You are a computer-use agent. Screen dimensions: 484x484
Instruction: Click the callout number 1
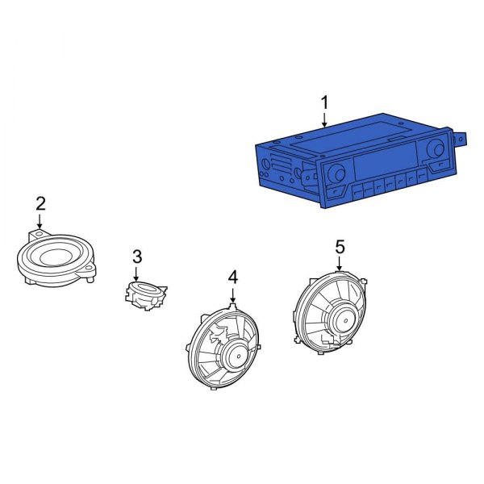coord(324,102)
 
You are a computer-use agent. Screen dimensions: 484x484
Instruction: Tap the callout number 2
coord(40,203)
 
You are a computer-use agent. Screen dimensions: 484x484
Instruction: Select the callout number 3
coord(136,257)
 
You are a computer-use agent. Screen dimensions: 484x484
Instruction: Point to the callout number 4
coord(232,277)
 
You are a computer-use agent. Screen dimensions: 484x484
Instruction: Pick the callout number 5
coord(340,246)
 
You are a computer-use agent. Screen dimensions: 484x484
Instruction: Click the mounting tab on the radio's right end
coord(462,137)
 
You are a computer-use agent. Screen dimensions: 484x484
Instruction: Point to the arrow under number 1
coord(324,121)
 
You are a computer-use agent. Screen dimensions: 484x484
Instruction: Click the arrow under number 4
coord(232,297)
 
